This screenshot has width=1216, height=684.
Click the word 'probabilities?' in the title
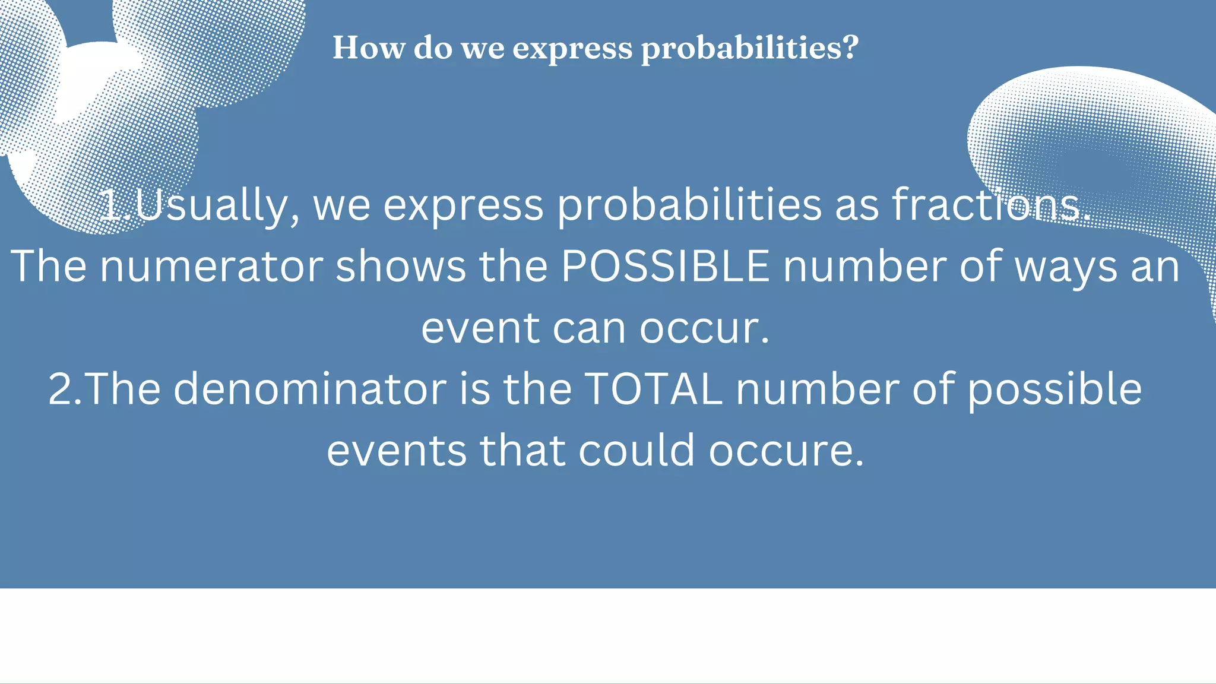pyautogui.click(x=750, y=48)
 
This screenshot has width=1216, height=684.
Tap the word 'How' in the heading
pyautogui.click(x=368, y=47)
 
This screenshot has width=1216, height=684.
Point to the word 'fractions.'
pyautogui.click(x=991, y=205)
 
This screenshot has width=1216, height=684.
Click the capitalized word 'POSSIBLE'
pyautogui.click(x=665, y=267)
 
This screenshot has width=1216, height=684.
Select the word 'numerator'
pyautogui.click(x=211, y=267)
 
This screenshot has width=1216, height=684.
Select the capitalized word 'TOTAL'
pyautogui.click(x=654, y=389)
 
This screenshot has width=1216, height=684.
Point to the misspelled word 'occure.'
pyautogui.click(x=786, y=451)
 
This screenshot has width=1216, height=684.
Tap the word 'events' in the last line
pyautogui.click(x=397, y=451)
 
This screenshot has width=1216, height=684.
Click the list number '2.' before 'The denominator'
pyautogui.click(x=65, y=389)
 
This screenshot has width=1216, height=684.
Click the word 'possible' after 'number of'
pyautogui.click(x=1055, y=391)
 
